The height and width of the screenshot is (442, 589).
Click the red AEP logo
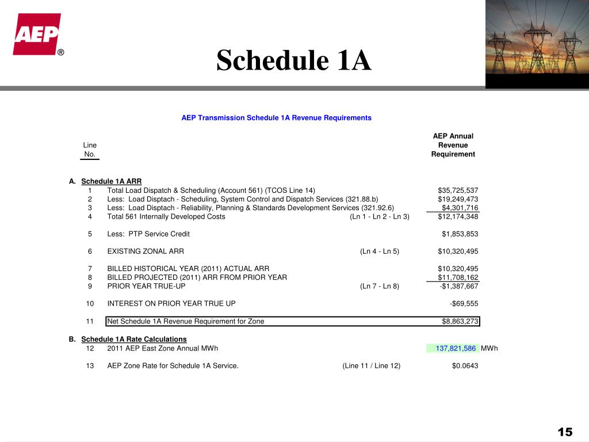coord(37,35)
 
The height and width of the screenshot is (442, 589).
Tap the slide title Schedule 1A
coord(294,60)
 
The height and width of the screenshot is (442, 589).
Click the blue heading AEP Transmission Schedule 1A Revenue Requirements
coord(276,117)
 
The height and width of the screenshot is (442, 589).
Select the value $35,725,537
coord(458,190)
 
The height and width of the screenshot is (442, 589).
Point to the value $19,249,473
coord(458,199)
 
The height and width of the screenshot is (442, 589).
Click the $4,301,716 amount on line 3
coord(460,208)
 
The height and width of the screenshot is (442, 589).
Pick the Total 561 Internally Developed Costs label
coord(166,216)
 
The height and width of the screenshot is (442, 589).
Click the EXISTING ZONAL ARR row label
coord(146,252)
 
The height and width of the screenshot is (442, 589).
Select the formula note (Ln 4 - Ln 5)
coord(380,252)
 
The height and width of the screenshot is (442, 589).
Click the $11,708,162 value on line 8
coord(458,277)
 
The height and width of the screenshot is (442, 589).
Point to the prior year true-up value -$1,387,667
coord(459,286)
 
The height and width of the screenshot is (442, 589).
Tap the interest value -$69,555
coord(464,304)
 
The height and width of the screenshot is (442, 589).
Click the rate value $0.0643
coord(465,365)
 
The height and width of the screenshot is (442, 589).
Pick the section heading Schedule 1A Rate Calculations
coord(134,339)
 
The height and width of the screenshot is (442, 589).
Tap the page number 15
coord(565,432)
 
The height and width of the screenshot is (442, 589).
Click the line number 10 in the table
coord(90,304)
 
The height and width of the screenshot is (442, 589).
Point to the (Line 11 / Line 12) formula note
coord(371,365)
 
